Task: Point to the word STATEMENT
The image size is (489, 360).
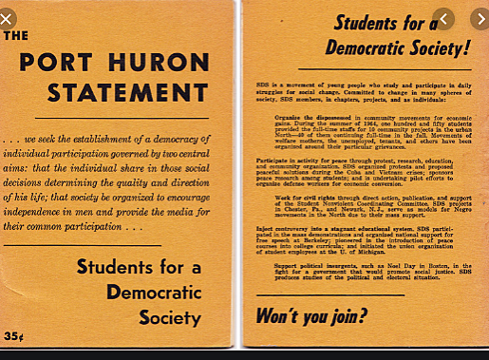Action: (x=113, y=93)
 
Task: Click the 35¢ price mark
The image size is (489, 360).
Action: (x=13, y=335)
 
